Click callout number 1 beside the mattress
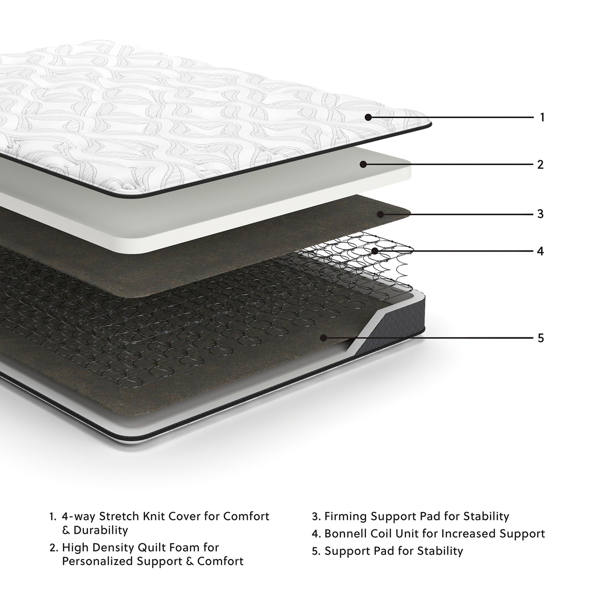pyautogui.click(x=542, y=117)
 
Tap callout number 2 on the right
pyautogui.click(x=540, y=164)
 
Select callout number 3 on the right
pyautogui.click(x=540, y=214)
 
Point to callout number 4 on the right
pyautogui.click(x=540, y=251)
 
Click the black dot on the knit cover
pyautogui.click(x=368, y=117)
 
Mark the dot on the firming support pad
pyautogui.click(x=380, y=214)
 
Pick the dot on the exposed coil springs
pyautogui.click(x=375, y=251)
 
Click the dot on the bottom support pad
pyautogui.click(x=323, y=337)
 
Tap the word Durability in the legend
pyautogui.click(x=100, y=530)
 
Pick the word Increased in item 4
pyautogui.click(x=462, y=533)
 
